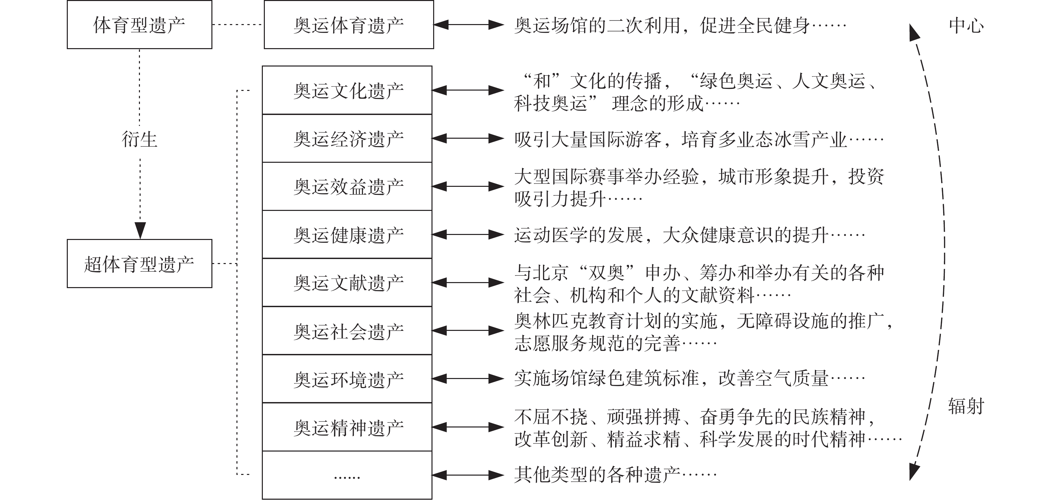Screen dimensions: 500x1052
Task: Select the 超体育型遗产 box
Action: tap(139, 264)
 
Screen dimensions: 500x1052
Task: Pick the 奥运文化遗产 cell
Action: tap(347, 90)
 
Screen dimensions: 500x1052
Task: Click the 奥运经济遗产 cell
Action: tap(347, 139)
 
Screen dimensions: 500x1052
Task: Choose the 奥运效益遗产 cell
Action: tap(347, 186)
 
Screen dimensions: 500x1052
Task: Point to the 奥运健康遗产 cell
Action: tap(347, 235)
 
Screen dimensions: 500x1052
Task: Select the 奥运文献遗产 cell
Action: tap(347, 282)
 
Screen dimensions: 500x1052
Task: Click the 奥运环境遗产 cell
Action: tap(347, 379)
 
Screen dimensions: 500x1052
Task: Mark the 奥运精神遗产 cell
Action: tap(347, 427)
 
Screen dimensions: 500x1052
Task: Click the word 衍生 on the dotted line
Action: tap(139, 139)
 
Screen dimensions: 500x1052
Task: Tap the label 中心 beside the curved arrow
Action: tap(966, 25)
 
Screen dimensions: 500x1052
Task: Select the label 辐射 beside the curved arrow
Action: tap(966, 406)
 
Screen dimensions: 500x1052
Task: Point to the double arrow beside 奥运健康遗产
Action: tap(468, 235)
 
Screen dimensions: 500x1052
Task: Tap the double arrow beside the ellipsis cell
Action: tap(468, 475)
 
